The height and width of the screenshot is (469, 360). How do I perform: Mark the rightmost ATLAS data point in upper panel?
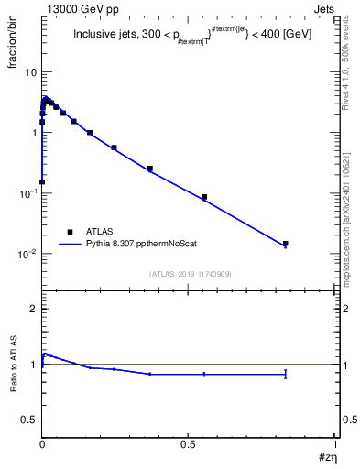pyautogui.click(x=286, y=244)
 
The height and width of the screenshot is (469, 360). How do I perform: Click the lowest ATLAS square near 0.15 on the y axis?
pyautogui.click(x=42, y=181)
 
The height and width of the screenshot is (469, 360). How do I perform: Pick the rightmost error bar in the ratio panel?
pyautogui.click(x=286, y=374)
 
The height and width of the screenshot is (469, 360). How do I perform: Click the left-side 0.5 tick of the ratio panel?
pyautogui.click(x=29, y=420)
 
